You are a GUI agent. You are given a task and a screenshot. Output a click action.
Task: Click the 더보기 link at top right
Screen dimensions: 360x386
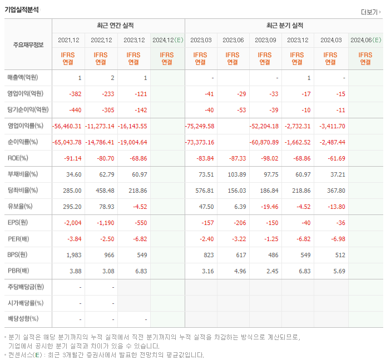370,12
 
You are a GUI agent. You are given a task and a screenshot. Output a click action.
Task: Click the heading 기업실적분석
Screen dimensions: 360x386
22,9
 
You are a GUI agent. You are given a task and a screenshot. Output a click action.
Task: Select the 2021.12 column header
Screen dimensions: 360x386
68,40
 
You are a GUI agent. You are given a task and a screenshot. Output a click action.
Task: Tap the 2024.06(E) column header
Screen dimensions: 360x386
365,40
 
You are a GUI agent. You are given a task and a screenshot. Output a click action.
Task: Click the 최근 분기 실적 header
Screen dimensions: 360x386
284,26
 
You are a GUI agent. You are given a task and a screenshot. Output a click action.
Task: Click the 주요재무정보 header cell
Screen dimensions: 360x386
28,45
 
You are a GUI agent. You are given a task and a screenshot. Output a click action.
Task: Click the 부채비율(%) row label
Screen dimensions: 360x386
23,174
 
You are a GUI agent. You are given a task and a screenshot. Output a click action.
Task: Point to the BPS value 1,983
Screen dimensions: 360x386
73,255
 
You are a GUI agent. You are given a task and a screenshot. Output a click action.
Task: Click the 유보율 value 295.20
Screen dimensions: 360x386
73,207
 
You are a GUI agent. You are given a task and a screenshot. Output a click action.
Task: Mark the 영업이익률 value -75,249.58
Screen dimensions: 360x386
199,126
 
